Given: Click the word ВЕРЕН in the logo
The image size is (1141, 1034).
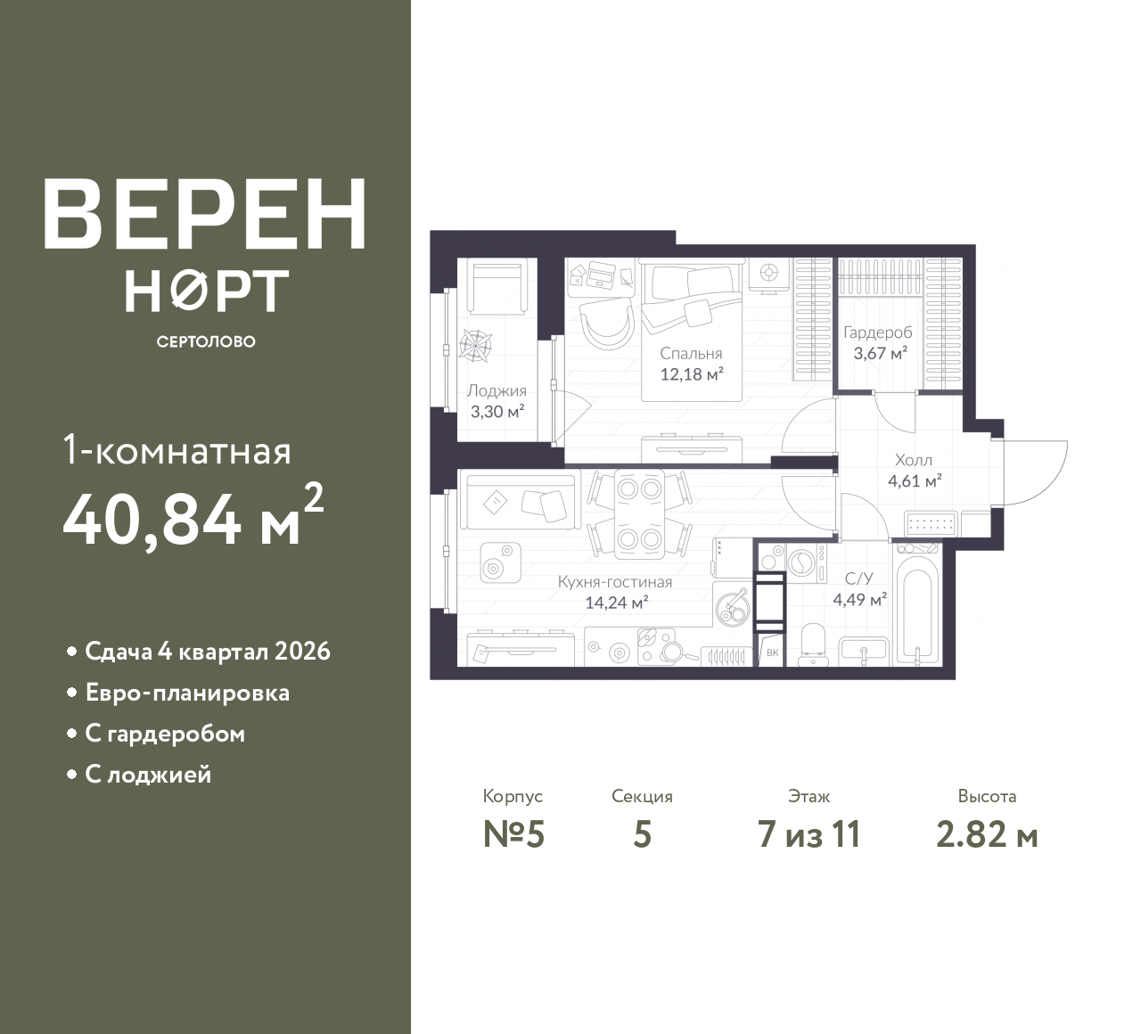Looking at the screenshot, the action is pos(205,214).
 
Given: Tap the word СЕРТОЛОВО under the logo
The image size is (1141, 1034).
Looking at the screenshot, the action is pos(206,341).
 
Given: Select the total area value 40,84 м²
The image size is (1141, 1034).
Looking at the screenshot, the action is pos(193,516).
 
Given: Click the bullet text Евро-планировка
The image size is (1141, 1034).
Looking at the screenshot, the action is pos(187,693).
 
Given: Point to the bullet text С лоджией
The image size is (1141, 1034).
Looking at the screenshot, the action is pos(148,775).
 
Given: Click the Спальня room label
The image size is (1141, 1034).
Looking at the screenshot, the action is pos(691,353).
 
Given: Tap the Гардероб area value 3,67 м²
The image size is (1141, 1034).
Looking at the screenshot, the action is pos(880,353).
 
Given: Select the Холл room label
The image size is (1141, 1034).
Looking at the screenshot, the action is pos(914,460).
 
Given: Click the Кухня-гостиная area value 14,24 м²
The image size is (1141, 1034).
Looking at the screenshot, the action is pos(617,603).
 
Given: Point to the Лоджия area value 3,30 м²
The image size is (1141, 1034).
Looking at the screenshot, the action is pos(497,411).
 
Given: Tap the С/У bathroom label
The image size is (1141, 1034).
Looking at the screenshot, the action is pos(859,579).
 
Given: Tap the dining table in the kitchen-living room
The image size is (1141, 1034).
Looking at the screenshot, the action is pos(639,513).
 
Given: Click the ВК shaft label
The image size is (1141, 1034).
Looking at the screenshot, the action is pos(773,652).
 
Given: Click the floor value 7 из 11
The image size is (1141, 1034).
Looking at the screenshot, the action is pos(809,835).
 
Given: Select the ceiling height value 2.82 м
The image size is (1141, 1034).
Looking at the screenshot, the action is pos(987,835).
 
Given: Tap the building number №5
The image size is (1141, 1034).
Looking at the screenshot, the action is pos(513,835).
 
